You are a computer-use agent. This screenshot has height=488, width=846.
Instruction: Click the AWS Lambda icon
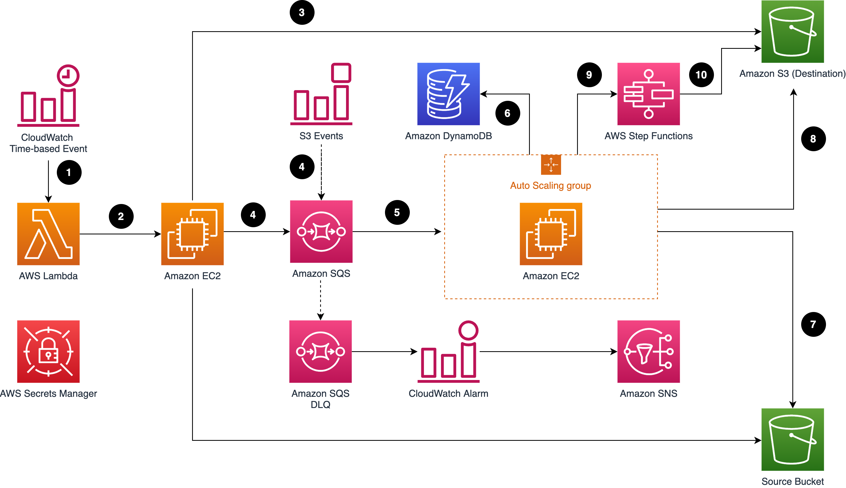click(48, 234)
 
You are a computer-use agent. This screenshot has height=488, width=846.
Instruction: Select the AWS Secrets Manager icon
click(48, 351)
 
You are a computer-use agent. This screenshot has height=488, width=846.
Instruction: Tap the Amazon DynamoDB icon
click(448, 94)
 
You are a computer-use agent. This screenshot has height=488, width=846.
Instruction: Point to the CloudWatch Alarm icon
click(448, 351)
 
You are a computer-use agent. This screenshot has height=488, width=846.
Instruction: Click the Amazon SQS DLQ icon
click(320, 351)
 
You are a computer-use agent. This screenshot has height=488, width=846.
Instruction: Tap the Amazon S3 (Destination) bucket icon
click(792, 31)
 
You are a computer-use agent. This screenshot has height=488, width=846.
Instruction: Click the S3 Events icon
click(321, 94)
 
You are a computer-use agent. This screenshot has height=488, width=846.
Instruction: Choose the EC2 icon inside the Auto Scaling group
click(551, 234)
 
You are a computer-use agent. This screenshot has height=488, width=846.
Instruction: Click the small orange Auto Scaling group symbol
click(551, 165)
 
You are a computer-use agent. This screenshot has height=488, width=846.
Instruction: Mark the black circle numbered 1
click(69, 172)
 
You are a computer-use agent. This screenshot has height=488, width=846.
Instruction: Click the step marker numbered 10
click(701, 75)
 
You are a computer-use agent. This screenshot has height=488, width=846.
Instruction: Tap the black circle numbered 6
click(507, 113)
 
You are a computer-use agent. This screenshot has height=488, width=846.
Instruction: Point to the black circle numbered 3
click(302, 13)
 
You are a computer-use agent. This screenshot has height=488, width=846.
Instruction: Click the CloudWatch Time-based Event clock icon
click(48, 95)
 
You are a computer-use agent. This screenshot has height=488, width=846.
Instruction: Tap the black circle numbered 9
click(589, 75)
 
